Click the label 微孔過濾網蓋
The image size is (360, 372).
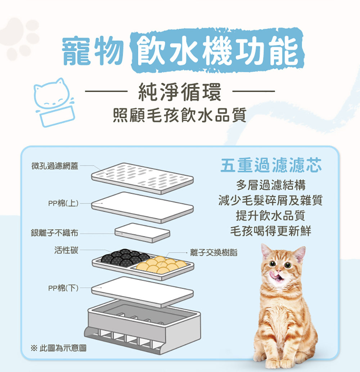[x=55, y=166]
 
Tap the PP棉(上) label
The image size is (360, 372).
[x=63, y=203]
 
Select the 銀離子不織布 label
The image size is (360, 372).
[x=54, y=233]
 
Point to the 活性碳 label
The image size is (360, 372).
[x=66, y=250]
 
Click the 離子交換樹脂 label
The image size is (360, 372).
[x=214, y=253]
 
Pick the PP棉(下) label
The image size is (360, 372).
[x=63, y=288]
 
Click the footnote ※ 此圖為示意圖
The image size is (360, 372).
[x=59, y=348]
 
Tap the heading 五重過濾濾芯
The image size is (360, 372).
[x=271, y=165]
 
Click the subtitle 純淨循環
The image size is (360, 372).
[x=180, y=92]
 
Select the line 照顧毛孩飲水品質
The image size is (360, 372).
[x=180, y=115]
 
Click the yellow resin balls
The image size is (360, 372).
[x=161, y=265]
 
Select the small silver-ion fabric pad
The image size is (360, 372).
[x=142, y=233]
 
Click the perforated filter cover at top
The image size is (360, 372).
[x=143, y=178]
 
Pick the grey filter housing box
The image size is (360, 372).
[x=143, y=327]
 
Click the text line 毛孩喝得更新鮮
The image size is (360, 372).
[x=271, y=231]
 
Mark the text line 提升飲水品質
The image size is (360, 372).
[x=270, y=216]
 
